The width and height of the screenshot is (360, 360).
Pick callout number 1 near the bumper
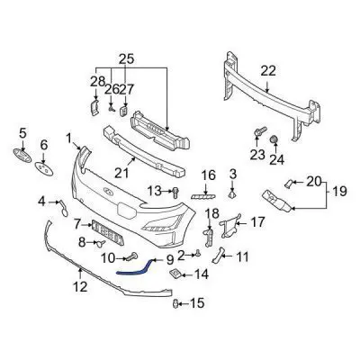click(x=68, y=138)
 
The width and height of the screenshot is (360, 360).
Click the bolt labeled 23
click(x=258, y=134)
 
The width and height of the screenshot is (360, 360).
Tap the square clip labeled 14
click(x=175, y=274)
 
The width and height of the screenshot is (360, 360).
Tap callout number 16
click(x=208, y=175)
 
